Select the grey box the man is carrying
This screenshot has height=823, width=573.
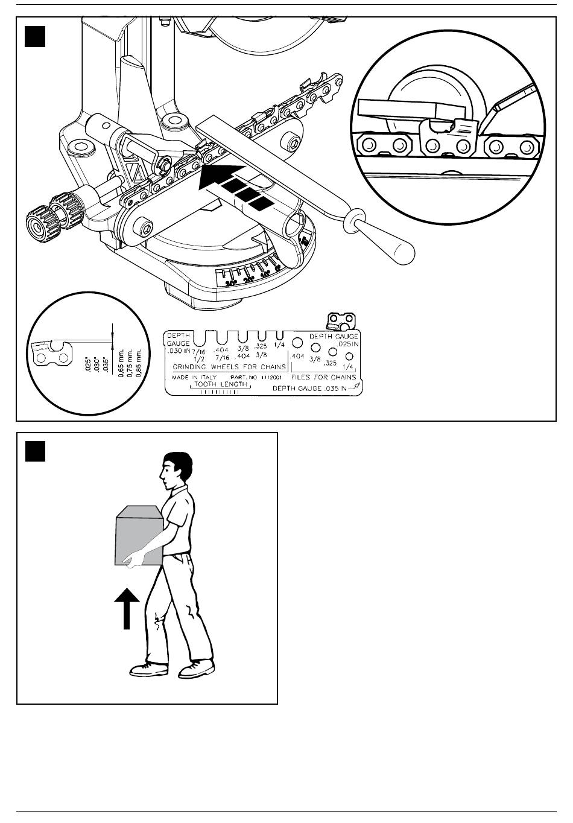[x=138, y=535]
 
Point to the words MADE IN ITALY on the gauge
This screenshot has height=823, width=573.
[x=190, y=377]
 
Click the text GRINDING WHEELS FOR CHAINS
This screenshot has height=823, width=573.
[x=229, y=367]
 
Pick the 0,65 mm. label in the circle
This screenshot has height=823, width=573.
[x=121, y=362]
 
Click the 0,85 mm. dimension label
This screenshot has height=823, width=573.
[x=138, y=362]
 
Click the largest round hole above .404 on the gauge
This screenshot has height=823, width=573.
[x=297, y=342]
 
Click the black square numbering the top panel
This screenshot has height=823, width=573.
[x=36, y=36]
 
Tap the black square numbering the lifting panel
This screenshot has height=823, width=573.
[x=36, y=451]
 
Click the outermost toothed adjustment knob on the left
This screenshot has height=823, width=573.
[x=37, y=222]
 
